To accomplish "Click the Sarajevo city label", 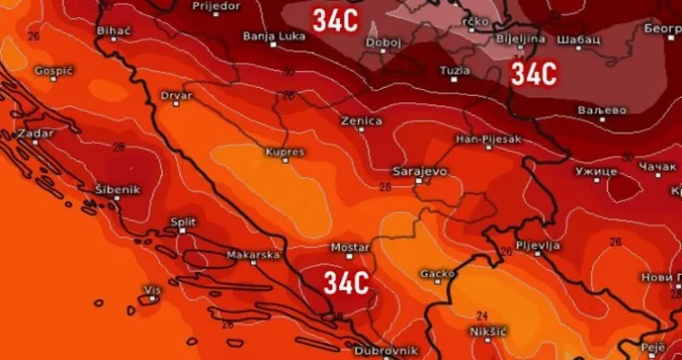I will [419, 171].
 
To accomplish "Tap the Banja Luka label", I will [271, 36].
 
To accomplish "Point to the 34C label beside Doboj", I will [335, 20].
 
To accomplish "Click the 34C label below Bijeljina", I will [533, 74].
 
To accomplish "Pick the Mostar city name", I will [349, 247].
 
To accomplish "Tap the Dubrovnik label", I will [385, 350].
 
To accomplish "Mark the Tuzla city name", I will [454, 71].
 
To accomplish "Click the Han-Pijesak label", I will [488, 139].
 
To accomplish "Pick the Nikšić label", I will [489, 331].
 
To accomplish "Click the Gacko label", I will [438, 274].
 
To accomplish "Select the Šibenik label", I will [117, 189].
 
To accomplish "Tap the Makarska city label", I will [252, 255].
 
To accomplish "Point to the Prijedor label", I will [217, 6].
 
